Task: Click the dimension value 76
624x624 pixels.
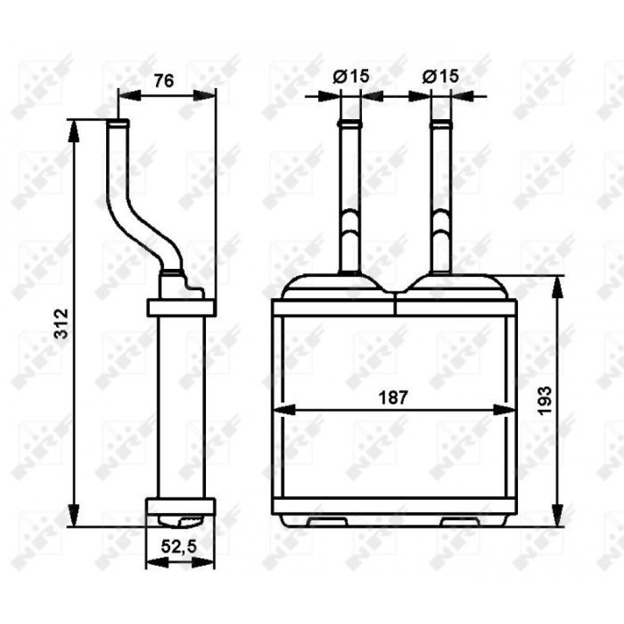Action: coord(164,80)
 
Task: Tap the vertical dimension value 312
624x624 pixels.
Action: coord(62,323)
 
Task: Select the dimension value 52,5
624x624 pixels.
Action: coord(178,547)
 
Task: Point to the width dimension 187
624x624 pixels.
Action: coord(393,397)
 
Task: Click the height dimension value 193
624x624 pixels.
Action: coord(545,401)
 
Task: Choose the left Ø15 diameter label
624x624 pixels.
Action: coord(351,76)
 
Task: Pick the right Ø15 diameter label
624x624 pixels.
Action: coord(441,76)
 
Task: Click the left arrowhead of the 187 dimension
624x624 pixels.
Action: coord(285,410)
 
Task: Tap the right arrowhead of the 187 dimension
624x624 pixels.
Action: coord(503,410)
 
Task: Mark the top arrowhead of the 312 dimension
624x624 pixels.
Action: coord(74,130)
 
